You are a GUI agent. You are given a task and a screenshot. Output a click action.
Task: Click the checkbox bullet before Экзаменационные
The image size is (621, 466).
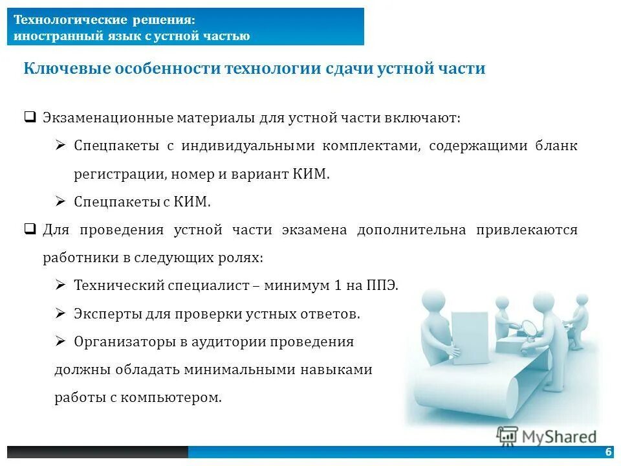tap(29, 118)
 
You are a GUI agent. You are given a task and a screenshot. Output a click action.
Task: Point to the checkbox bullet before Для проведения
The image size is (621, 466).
tap(29, 229)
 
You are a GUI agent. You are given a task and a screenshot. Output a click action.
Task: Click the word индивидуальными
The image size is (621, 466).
tap(250, 146)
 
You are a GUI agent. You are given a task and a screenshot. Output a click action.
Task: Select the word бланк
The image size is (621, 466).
tap(556, 146)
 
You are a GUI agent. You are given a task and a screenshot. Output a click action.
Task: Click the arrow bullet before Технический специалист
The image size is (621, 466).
tap(61, 285)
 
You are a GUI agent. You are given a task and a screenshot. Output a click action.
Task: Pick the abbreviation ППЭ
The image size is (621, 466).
tap(382, 285)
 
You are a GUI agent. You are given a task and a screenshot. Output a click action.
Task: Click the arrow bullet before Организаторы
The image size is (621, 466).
tap(61, 341)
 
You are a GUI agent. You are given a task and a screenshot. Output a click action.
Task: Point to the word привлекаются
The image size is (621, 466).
tap(527, 230)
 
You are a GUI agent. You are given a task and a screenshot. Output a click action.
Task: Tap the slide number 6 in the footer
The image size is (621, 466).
tap(608, 452)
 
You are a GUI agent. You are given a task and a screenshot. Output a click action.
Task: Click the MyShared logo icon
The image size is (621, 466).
tap(507, 436)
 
